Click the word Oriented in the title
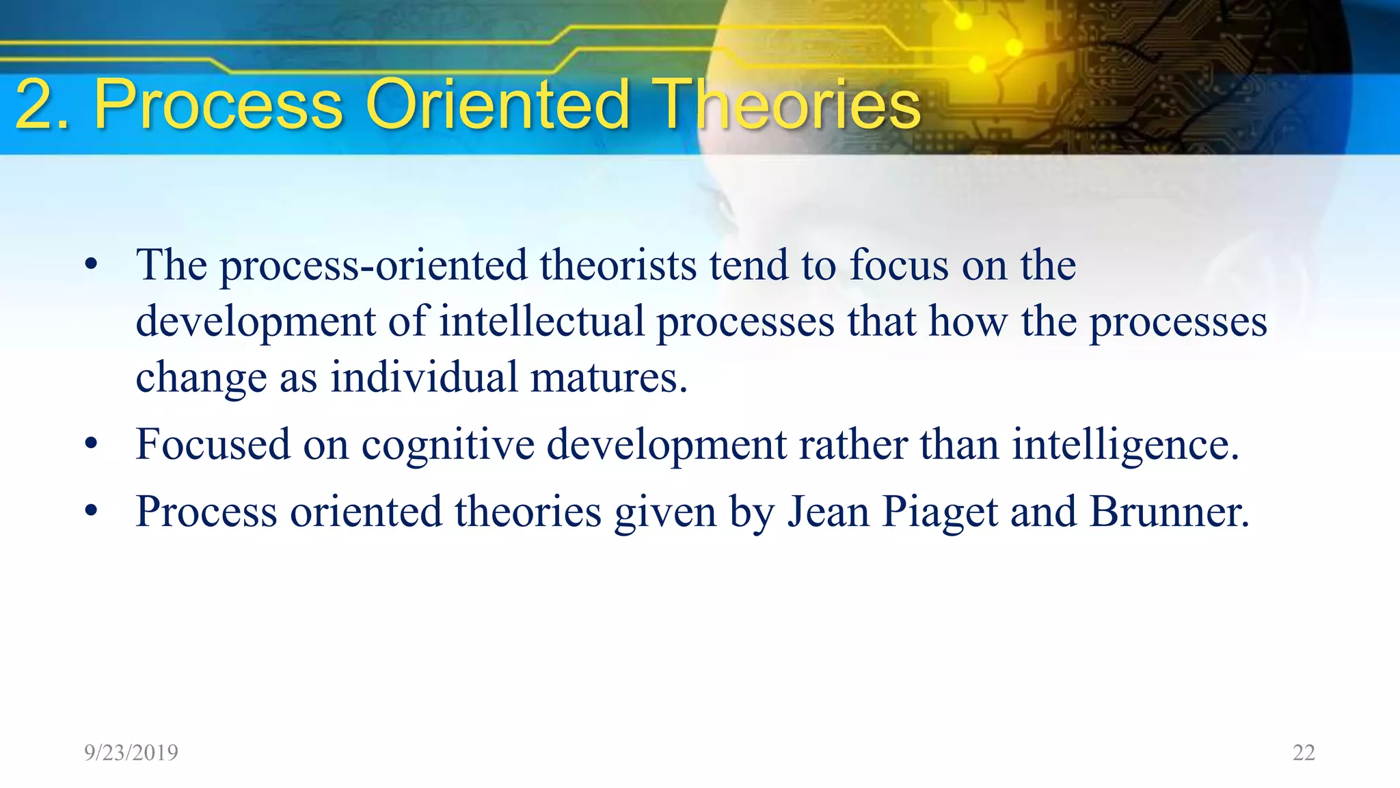pyautogui.click(x=497, y=104)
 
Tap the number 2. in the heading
pyautogui.click(x=42, y=104)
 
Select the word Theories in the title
pyautogui.click(x=786, y=104)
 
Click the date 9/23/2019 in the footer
pyautogui.click(x=131, y=752)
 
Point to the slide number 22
pyautogui.click(x=1304, y=752)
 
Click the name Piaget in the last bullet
pyautogui.click(x=940, y=512)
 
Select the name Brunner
pyautogui.click(x=1169, y=512)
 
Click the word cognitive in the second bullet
pyautogui.click(x=448, y=445)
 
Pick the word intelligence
pyautogui.click(x=1125, y=445)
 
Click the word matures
pyautogui.click(x=608, y=378)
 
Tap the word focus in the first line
pyautogui.click(x=899, y=265)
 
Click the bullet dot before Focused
pyautogui.click(x=92, y=445)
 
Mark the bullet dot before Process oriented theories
pyautogui.click(x=92, y=512)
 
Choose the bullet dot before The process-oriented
pyautogui.click(x=92, y=265)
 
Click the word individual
pyautogui.click(x=424, y=378)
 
